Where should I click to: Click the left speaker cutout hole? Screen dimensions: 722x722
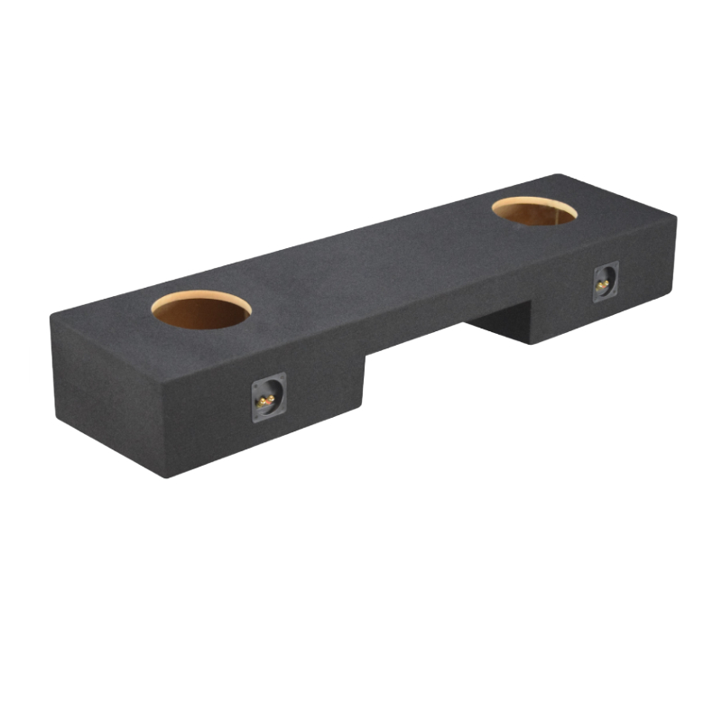200,310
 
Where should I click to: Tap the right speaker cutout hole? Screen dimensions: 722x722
534,211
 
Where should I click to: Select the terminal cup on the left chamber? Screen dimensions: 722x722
268,397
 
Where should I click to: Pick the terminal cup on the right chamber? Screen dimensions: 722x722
605,282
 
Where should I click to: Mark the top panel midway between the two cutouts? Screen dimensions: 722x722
370,257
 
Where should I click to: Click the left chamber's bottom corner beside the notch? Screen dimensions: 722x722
364,408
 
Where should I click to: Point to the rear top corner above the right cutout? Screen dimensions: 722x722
558,176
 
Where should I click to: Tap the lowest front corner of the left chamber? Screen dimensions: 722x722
165,476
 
